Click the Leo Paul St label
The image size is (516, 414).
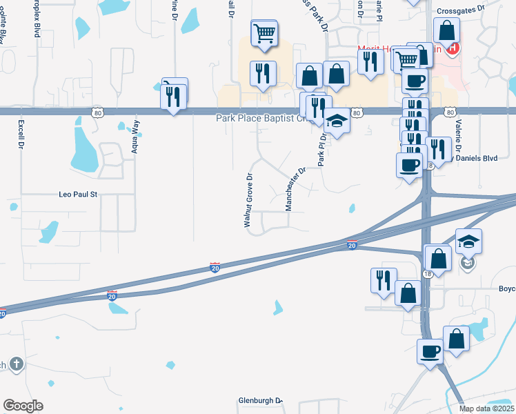coord(78,195)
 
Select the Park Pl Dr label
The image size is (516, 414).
coord(321,148)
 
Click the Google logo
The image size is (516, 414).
coord(23,406)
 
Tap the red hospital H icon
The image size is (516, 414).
coord(453,48)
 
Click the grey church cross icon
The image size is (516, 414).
coord(17,364)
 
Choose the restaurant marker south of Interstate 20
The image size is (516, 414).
coord(383,280)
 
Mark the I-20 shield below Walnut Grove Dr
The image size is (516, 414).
coord(215,266)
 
